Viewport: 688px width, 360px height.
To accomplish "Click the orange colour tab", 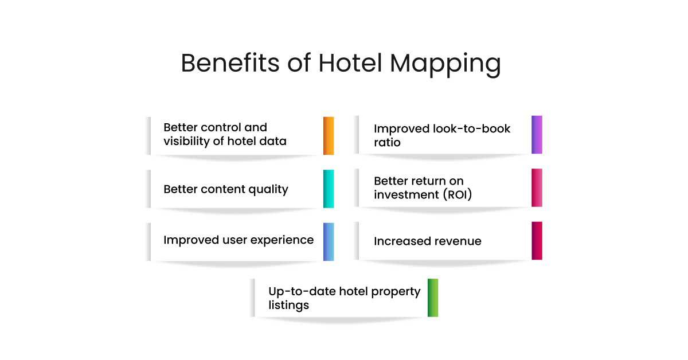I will pyautogui.click(x=329, y=136).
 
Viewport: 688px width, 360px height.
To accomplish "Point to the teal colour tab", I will pyautogui.click(x=329, y=189).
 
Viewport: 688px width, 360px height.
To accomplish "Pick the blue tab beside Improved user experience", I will pyautogui.click(x=329, y=241).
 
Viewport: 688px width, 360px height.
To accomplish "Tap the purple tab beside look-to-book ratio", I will pyautogui.click(x=537, y=135).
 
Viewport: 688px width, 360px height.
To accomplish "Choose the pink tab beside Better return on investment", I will pyautogui.click(x=537, y=187).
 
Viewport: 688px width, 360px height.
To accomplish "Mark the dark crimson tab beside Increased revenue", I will pyautogui.click(x=537, y=241).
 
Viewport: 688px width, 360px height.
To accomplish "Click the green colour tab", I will pyautogui.click(x=433, y=298).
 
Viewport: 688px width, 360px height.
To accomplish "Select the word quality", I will pyautogui.click(x=268, y=189).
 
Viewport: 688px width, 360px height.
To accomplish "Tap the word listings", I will pyautogui.click(x=289, y=305).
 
